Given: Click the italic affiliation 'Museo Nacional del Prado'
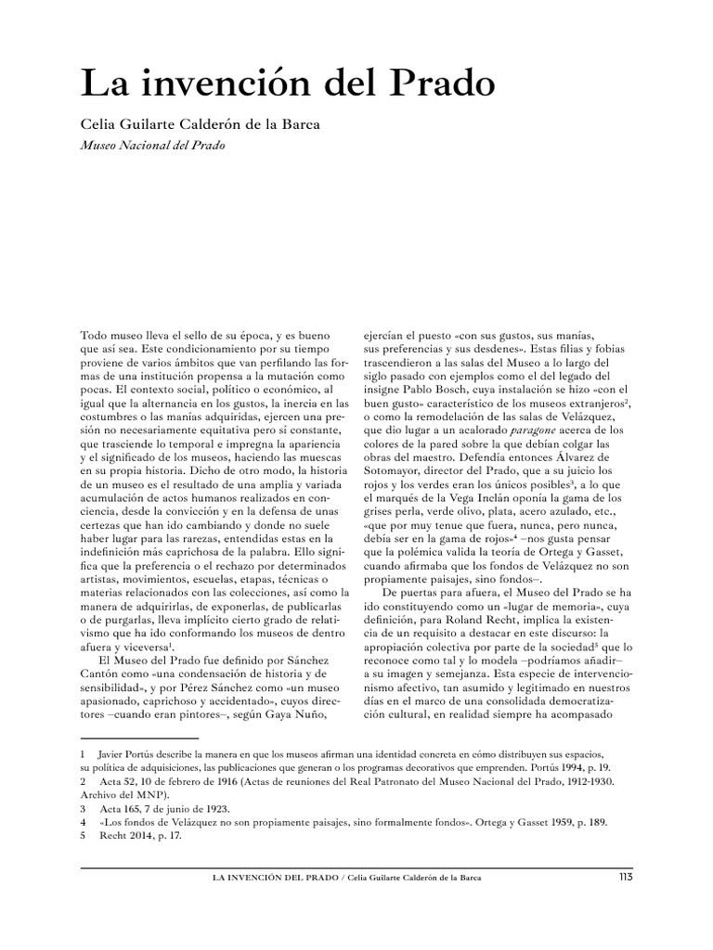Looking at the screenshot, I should point(154,147).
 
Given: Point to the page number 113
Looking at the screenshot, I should point(625,877).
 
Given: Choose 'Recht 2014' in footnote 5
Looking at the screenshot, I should point(127,835).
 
